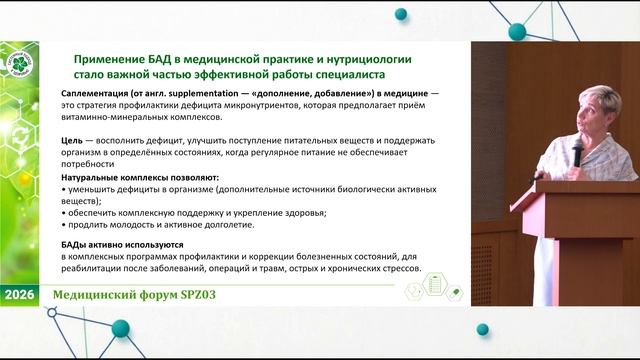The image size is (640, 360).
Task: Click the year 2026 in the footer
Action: tap(20, 296)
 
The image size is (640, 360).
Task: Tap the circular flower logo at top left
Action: tap(21, 73)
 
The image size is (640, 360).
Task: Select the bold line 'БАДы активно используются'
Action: tap(119, 243)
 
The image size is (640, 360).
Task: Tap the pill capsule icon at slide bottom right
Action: tap(454, 291)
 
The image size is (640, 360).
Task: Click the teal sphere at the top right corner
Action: tap(516, 31)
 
